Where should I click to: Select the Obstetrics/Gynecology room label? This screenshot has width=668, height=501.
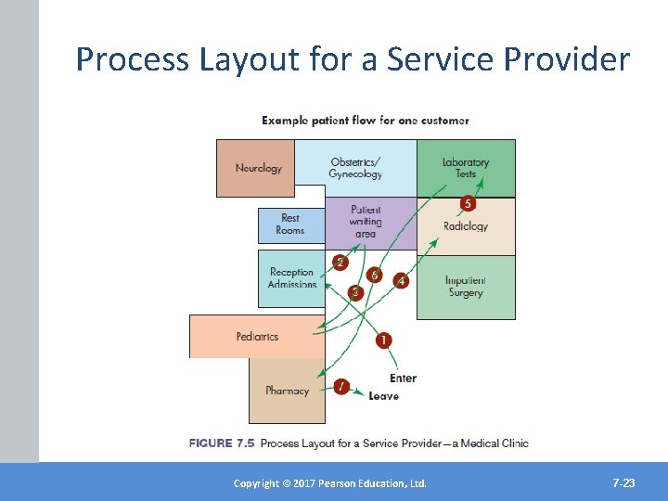pyautogui.click(x=355, y=168)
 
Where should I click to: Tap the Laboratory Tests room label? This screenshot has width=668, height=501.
pyautogui.click(x=466, y=168)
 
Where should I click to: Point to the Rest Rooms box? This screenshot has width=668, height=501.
pyautogui.click(x=290, y=225)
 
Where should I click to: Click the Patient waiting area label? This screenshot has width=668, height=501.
pyautogui.click(x=366, y=222)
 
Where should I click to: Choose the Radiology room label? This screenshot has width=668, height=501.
pyautogui.click(x=466, y=226)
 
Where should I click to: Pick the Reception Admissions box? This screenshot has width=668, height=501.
pyautogui.click(x=291, y=278)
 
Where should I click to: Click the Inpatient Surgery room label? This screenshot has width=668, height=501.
pyautogui.click(x=466, y=287)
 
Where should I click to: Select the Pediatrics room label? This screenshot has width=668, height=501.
pyautogui.click(x=257, y=337)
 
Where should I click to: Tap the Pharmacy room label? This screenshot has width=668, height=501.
pyautogui.click(x=287, y=391)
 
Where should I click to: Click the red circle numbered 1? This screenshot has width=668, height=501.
pyautogui.click(x=384, y=340)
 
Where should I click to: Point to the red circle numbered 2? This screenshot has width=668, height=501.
pyautogui.click(x=340, y=263)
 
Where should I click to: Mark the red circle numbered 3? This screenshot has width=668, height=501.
pyautogui.click(x=354, y=293)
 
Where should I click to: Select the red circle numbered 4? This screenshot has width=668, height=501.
pyautogui.click(x=402, y=279)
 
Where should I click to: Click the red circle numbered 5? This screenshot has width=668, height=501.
pyautogui.click(x=469, y=203)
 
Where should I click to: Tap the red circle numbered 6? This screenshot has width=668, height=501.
pyautogui.click(x=375, y=275)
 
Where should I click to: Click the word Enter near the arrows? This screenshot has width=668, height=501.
pyautogui.click(x=404, y=378)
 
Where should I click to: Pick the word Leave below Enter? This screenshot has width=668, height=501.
pyautogui.click(x=383, y=396)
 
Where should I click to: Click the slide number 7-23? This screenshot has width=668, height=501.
pyautogui.click(x=623, y=483)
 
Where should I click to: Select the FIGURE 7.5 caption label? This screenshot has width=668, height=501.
pyautogui.click(x=223, y=443)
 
